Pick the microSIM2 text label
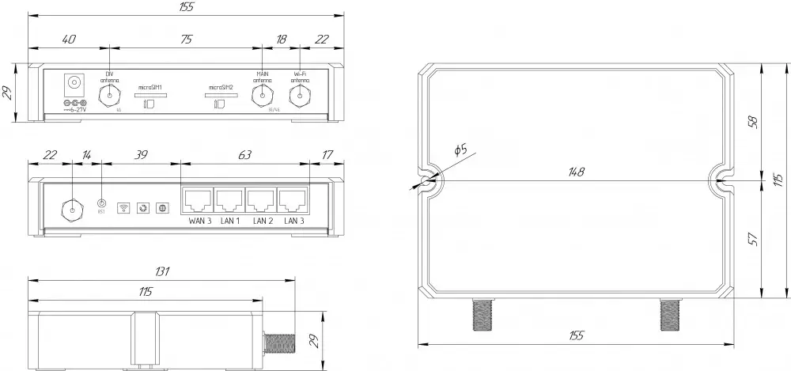(x=221, y=87)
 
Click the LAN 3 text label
(x=294, y=221)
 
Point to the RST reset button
(x=101, y=204)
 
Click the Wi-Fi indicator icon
(x=123, y=208)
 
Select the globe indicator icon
(x=162, y=208)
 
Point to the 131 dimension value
(x=161, y=271)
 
